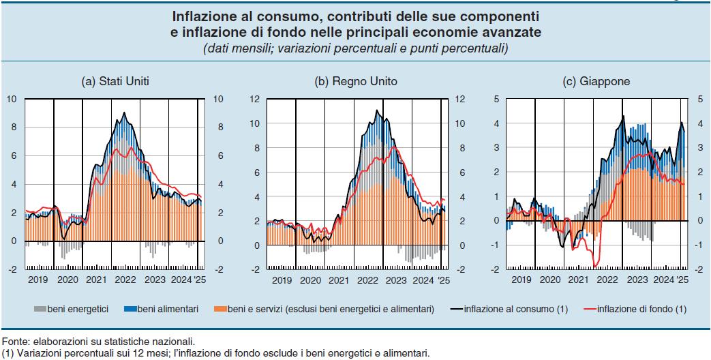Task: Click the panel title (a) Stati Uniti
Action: pyautogui.click(x=115, y=81)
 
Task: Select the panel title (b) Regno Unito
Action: pyautogui.click(x=355, y=81)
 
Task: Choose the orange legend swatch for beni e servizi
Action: pyautogui.click(x=222, y=310)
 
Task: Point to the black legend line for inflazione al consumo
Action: pyautogui.click(x=457, y=310)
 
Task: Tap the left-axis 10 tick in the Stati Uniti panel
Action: pyautogui.click(x=11, y=99)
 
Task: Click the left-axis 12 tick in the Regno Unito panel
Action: pyautogui.click(x=253, y=99)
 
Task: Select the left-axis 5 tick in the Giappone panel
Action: pyautogui.click(x=496, y=99)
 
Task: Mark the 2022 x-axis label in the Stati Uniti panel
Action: pyautogui.click(x=125, y=280)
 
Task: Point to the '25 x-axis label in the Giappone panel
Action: pyautogui.click(x=682, y=280)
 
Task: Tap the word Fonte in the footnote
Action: pyautogui.click(x=14, y=341)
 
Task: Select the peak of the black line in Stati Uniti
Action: pyautogui.click(x=123, y=112)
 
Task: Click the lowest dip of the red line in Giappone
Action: pyautogui.click(x=596, y=267)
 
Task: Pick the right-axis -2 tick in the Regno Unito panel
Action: pyautogui.click(x=459, y=269)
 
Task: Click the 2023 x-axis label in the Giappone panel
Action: pyautogui.click(x=637, y=280)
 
